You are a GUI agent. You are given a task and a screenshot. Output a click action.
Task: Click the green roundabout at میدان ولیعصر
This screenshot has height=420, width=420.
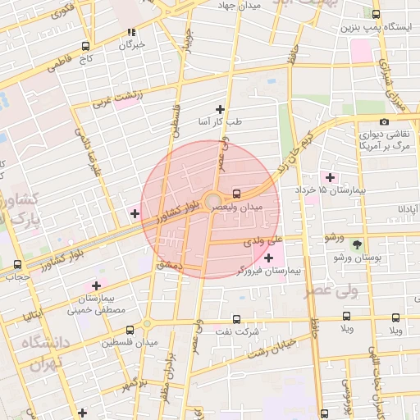pos(212,201)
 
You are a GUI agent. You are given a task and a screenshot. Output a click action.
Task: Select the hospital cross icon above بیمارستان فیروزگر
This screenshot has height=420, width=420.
pos(268,258)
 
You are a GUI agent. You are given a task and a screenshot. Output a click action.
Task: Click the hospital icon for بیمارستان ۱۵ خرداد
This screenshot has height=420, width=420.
pos(331,177)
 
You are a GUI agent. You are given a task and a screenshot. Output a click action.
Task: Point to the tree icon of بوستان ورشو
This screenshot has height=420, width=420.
pos(357,244)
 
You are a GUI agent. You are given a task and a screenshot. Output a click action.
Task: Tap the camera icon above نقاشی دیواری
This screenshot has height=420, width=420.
pos(384,122)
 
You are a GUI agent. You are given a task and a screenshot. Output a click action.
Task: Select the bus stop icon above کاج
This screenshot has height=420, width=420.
pos(86,47)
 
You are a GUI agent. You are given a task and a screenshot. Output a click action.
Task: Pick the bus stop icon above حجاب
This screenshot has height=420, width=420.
pos(18,264)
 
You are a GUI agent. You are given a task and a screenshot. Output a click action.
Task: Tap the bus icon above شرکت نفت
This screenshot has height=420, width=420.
pos(237,319)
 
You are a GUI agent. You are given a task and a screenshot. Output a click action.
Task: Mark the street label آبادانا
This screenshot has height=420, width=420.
pos(409,209)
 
